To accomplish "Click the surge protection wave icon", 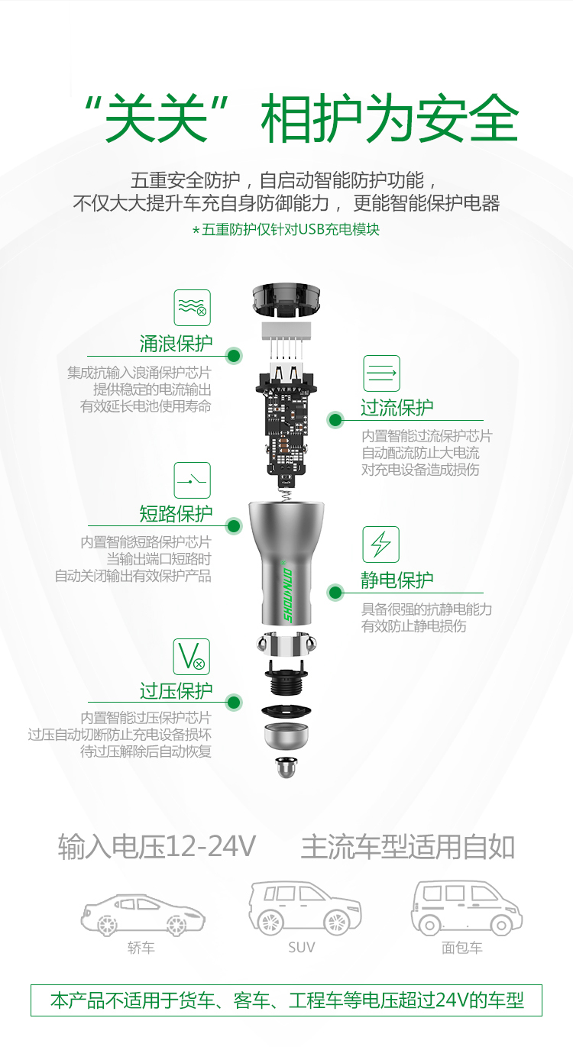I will [192, 308].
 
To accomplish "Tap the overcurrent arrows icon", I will [381, 373].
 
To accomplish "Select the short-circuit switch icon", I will [192, 480].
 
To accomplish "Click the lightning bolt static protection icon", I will [380, 545].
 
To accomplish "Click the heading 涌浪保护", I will [176, 344].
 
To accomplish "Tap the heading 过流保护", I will [397, 408].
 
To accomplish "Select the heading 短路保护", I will [176, 514].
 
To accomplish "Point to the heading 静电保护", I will [397, 580].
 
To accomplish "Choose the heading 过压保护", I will [176, 691].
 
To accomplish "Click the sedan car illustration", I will [143, 913].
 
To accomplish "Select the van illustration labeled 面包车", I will [465, 908].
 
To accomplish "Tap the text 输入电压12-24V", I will [157, 846].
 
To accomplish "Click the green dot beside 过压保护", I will [235, 702].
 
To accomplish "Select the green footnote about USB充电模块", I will [286, 229].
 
